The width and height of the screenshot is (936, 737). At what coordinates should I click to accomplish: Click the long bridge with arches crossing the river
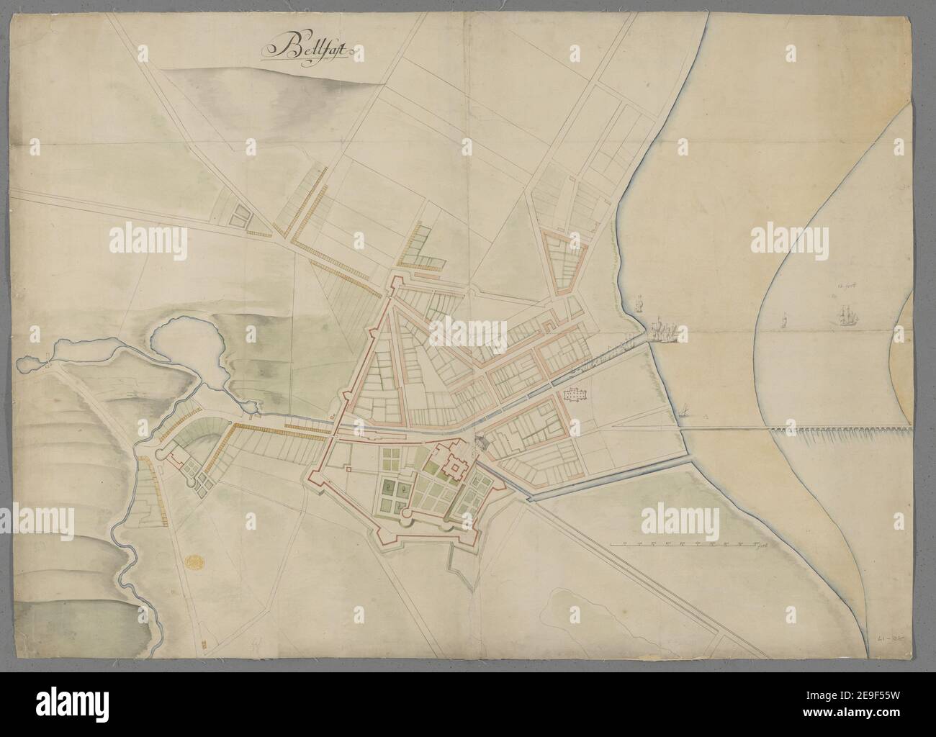point(835,431)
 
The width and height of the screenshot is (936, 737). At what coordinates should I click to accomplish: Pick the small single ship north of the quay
point(639,303)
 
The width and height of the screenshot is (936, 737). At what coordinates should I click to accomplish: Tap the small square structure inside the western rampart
point(348,469)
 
